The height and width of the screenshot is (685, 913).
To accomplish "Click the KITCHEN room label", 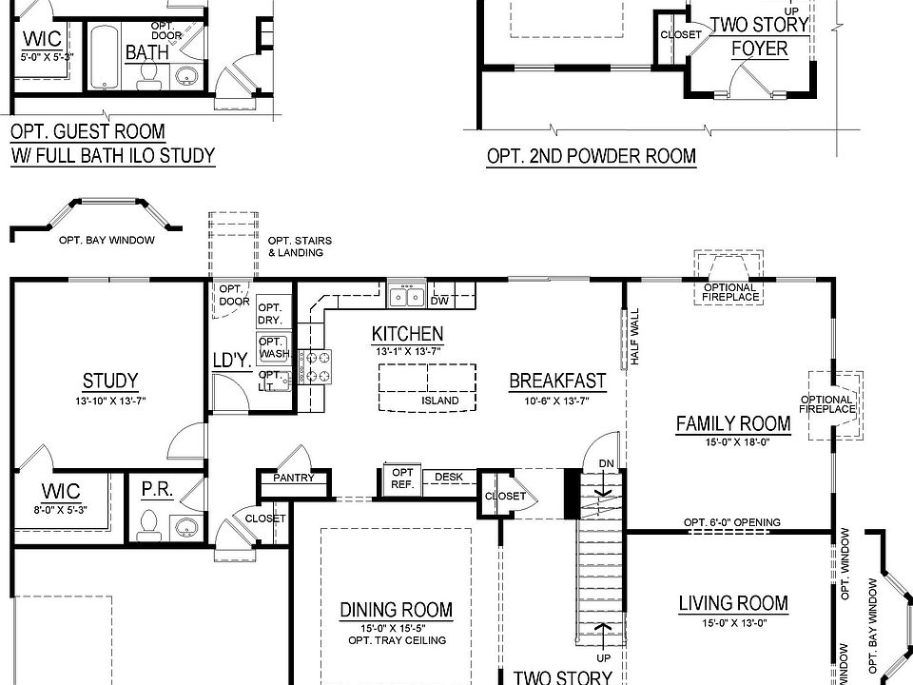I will (x=407, y=334).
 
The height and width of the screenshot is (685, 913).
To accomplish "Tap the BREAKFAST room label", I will (x=557, y=381).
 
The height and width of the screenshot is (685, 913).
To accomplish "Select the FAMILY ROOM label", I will (x=732, y=423).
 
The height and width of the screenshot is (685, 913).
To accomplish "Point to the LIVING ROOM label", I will (x=732, y=602).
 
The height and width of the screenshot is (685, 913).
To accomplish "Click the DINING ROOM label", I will (x=396, y=610).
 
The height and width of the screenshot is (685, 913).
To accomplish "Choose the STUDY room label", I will (x=110, y=382).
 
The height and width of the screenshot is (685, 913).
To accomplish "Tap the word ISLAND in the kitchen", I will (x=440, y=401).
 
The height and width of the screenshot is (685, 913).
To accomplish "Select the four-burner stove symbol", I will (x=316, y=366).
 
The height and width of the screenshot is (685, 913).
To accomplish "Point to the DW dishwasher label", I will (x=439, y=301).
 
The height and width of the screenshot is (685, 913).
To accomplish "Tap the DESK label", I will (x=449, y=477).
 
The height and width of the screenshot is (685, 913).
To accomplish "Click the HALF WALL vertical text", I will (x=633, y=338).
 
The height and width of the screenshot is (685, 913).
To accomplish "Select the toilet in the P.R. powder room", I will (x=148, y=522).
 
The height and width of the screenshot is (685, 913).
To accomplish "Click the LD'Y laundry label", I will (x=231, y=361).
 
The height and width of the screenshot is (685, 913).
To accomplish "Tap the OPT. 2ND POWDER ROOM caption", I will (x=591, y=156).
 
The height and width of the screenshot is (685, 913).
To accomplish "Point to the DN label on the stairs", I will (x=607, y=463).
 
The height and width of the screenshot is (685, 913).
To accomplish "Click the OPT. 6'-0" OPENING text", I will (x=731, y=522).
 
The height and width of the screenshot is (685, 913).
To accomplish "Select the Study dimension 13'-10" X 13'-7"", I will (x=110, y=401).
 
